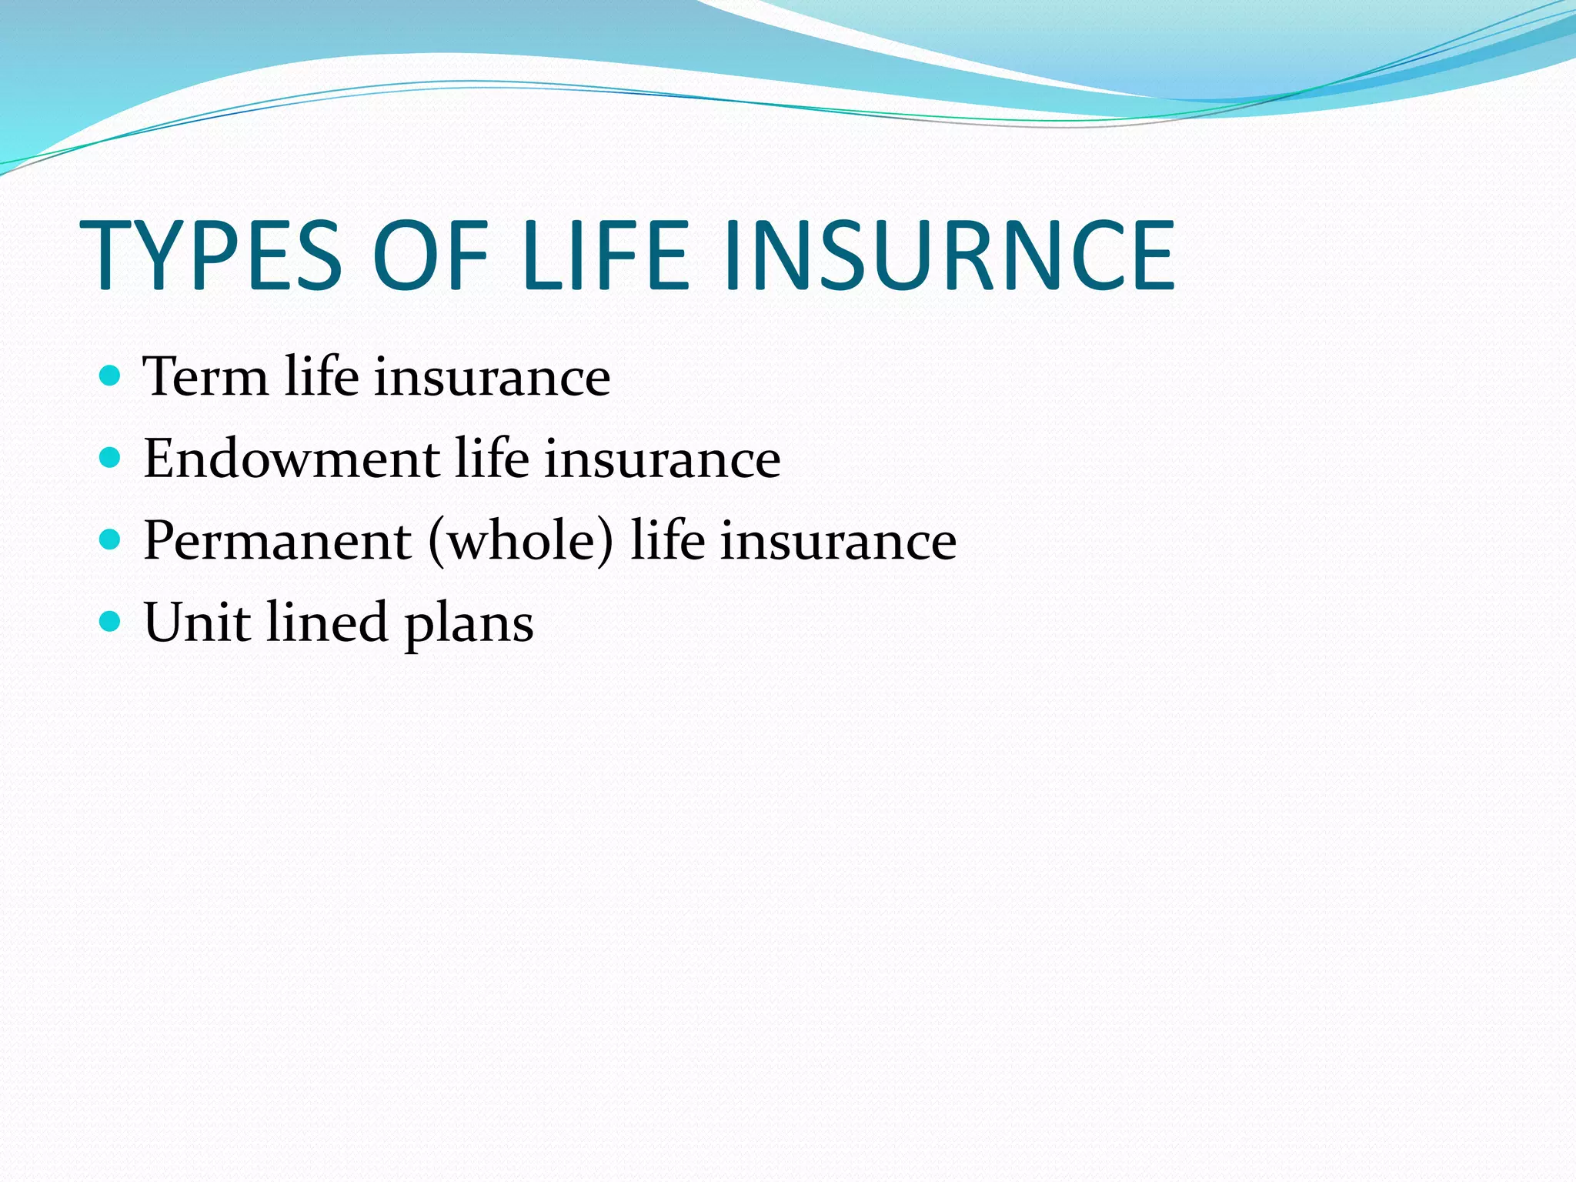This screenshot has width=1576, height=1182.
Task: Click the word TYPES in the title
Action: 210,256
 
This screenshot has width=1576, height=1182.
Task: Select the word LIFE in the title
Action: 606,256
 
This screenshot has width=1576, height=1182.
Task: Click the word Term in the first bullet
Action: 205,377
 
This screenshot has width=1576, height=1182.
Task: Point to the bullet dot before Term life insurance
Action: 111,376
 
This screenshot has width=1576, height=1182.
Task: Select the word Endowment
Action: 292,459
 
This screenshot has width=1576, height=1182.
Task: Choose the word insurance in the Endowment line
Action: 663,460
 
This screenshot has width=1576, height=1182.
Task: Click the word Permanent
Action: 277,541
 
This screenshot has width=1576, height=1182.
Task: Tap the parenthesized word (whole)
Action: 521,541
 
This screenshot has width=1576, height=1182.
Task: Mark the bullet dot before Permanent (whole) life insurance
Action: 111,540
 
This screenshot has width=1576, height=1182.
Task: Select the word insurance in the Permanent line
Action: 838,542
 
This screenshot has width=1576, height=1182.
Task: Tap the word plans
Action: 469,625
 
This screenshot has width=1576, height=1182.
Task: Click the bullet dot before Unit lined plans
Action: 111,621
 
